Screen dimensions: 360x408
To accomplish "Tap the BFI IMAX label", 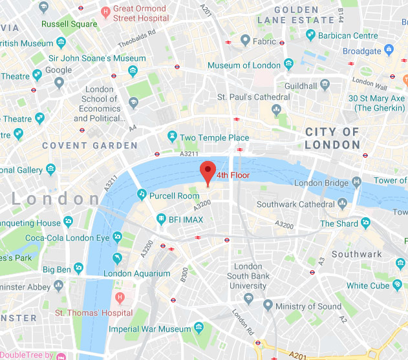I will (x=186, y=220).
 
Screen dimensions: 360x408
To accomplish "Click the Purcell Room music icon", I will (x=142, y=195).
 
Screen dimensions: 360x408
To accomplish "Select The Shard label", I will (x=339, y=224).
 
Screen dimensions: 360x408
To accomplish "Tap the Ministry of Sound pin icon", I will (x=268, y=306).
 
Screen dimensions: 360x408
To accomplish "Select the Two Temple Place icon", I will (x=171, y=137).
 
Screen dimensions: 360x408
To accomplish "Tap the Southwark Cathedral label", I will (x=295, y=204).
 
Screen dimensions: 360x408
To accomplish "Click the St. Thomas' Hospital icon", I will (x=118, y=298).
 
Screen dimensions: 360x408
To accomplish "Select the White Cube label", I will (x=367, y=286).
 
